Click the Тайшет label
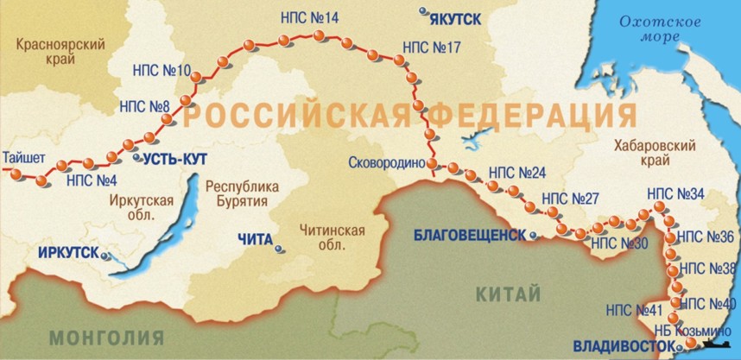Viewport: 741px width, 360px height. click(24, 158)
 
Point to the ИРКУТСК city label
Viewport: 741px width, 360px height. click(68, 253)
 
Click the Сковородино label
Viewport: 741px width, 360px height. click(388, 161)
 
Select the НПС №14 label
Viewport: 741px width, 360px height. click(310, 17)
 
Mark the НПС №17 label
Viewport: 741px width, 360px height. click(432, 47)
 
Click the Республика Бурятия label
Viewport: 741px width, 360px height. click(242, 193)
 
